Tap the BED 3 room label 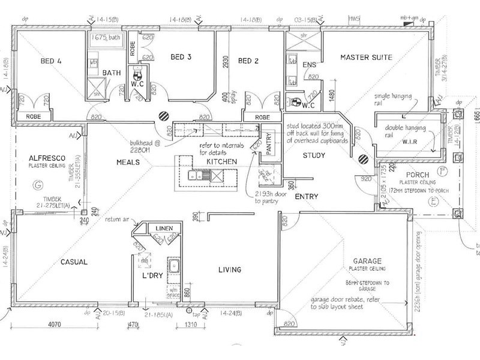(x=181, y=58)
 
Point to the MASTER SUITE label (x=366, y=58)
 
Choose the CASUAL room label (x=74, y=262)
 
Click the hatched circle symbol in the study (x=364, y=159)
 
